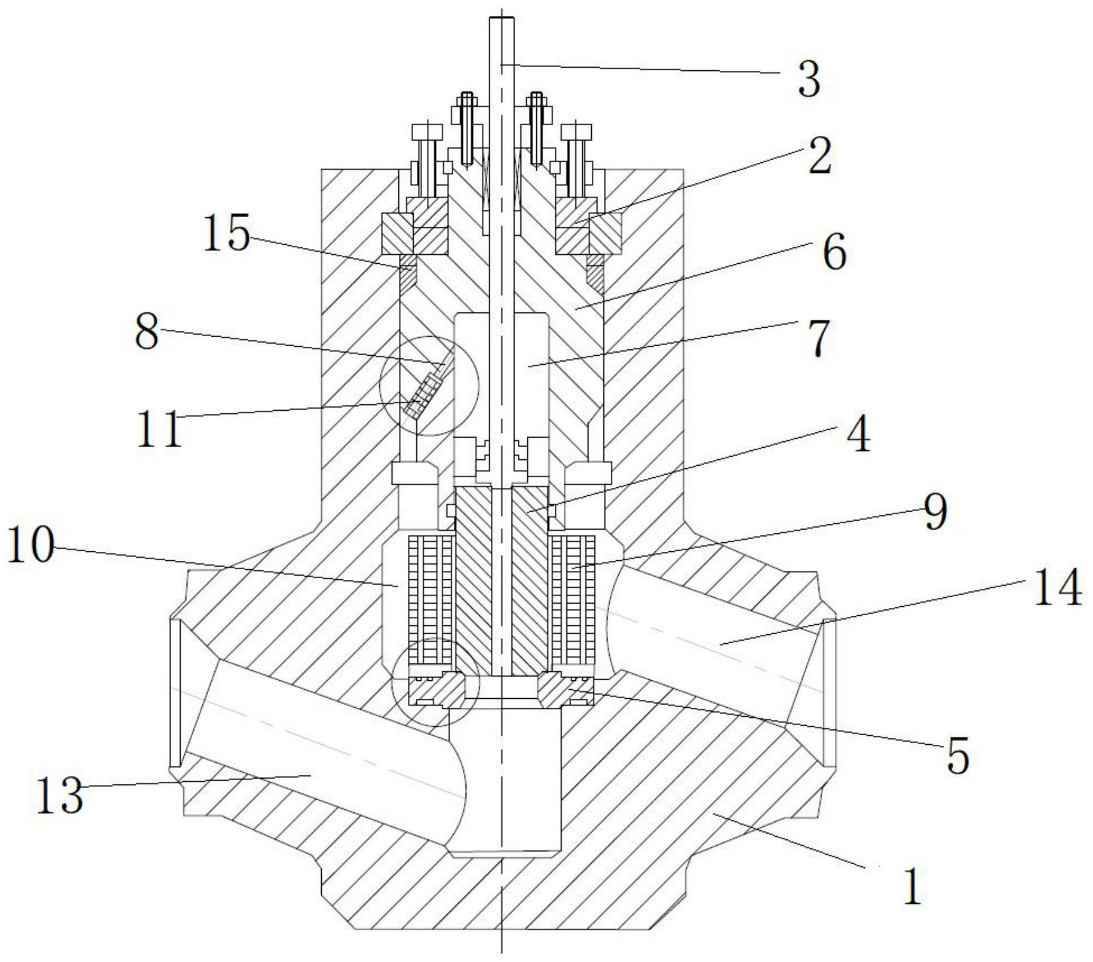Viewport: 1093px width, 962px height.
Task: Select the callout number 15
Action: [x=226, y=234]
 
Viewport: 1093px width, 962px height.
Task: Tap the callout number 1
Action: [x=912, y=887]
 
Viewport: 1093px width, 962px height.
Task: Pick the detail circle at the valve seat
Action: [x=435, y=680]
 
